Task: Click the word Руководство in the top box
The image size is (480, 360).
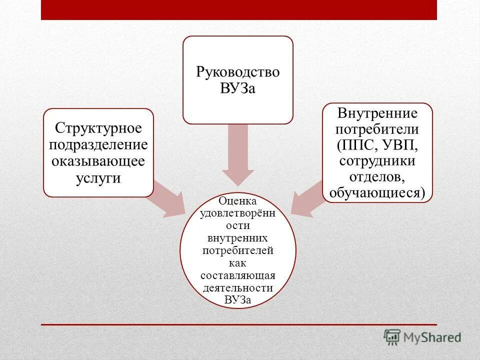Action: pyautogui.click(x=237, y=72)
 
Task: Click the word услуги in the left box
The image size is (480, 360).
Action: pyautogui.click(x=98, y=178)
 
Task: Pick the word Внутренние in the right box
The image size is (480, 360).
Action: pyautogui.click(x=377, y=113)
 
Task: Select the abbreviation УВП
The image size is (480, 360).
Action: pyautogui.click(x=400, y=145)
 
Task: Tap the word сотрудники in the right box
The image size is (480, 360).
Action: pyautogui.click(x=377, y=161)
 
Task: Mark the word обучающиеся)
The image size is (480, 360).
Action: pyautogui.click(x=377, y=193)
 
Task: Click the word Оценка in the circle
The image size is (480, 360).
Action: pyautogui.click(x=238, y=201)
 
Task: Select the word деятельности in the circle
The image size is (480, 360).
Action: pyautogui.click(x=238, y=288)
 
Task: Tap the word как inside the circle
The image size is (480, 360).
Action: pyautogui.click(x=238, y=263)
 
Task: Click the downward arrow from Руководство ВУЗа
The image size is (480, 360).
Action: pyautogui.click(x=238, y=155)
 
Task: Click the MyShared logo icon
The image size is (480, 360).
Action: pyautogui.click(x=392, y=337)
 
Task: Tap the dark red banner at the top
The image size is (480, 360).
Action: pyautogui.click(x=239, y=10)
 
